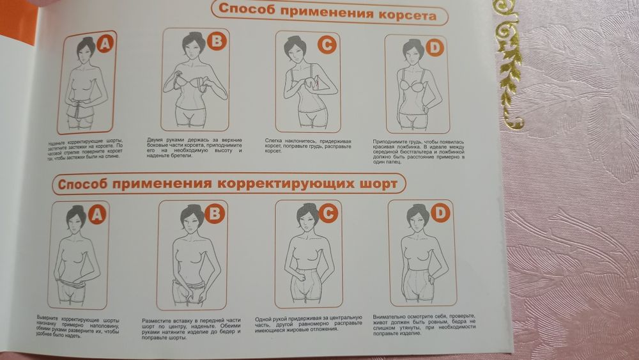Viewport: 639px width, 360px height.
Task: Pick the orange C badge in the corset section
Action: (327, 44)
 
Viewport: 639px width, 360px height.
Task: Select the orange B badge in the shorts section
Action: (215, 214)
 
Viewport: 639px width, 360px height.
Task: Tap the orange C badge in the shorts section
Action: (328, 214)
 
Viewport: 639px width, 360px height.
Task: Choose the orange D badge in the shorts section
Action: (440, 214)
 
